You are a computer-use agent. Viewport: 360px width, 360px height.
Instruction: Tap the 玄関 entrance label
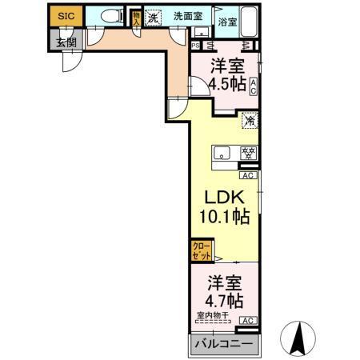coord(65,42)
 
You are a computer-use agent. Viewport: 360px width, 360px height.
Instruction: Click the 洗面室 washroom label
coord(188,15)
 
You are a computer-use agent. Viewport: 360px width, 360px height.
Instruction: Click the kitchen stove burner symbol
coord(248,154)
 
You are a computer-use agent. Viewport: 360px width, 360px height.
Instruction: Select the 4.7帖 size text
coord(224,301)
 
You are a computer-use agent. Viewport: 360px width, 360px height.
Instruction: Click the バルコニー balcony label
coord(224,345)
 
